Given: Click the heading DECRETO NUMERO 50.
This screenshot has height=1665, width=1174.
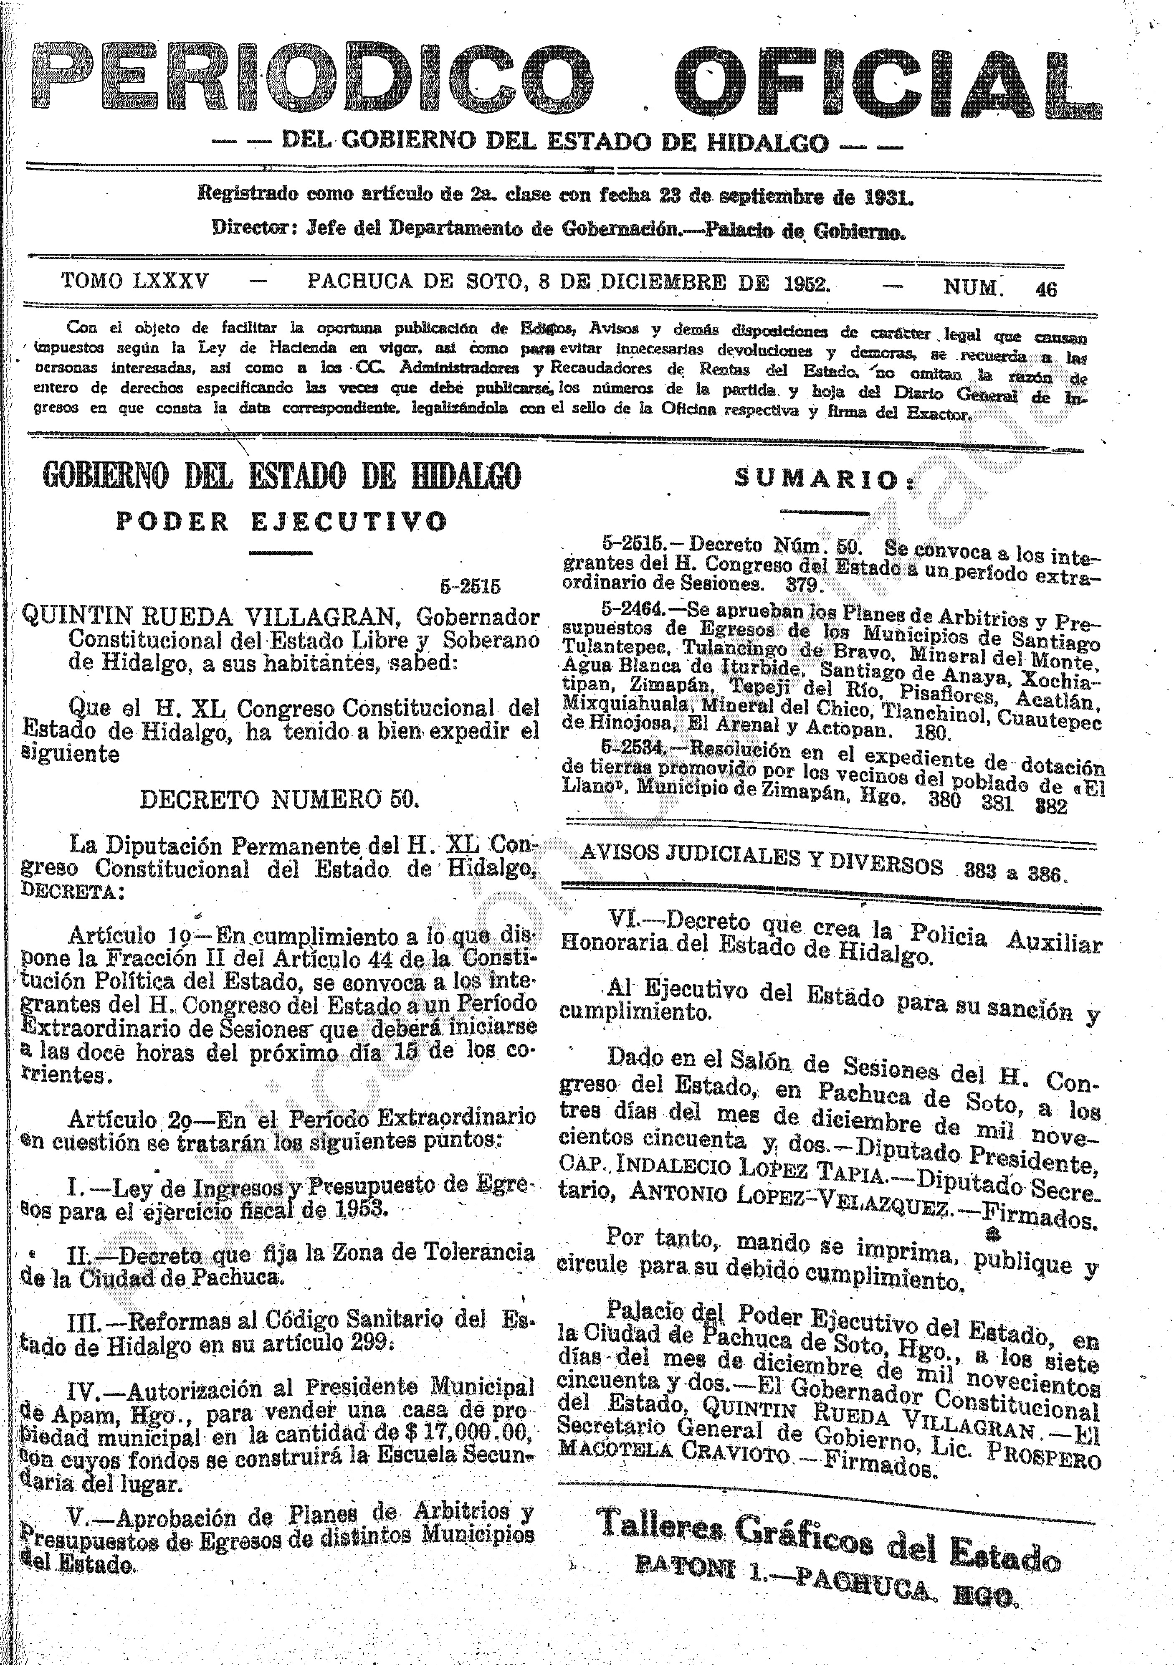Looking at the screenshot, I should point(280,799).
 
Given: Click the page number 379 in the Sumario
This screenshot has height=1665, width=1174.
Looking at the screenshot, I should point(801,585).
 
